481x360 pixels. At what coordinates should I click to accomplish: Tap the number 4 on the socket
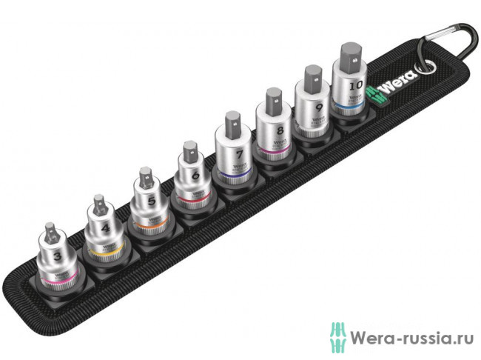(104, 230)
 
